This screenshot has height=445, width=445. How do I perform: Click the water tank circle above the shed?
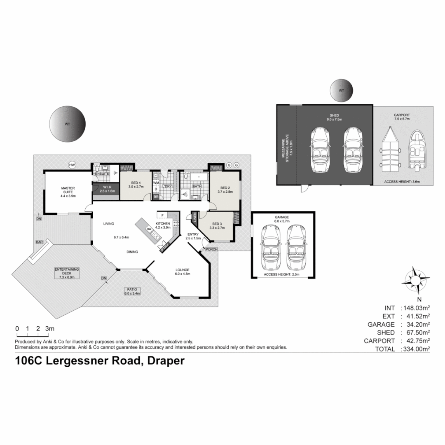point(341,91)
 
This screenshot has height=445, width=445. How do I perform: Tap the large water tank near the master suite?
point(68,124)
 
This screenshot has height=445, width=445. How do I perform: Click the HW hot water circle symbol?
point(73,165)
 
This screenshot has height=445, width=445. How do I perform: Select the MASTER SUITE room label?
point(68,192)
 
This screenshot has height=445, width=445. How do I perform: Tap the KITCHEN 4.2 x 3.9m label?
point(163,225)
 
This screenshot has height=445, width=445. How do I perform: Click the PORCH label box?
point(212,249)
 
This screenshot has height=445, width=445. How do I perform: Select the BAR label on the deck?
point(40,242)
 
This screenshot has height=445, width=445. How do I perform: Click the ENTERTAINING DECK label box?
point(66,273)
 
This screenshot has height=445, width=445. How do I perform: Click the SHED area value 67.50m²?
point(415,333)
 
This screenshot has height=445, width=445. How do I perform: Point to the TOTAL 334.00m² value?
point(415,349)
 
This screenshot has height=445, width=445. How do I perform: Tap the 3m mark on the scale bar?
point(50,329)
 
